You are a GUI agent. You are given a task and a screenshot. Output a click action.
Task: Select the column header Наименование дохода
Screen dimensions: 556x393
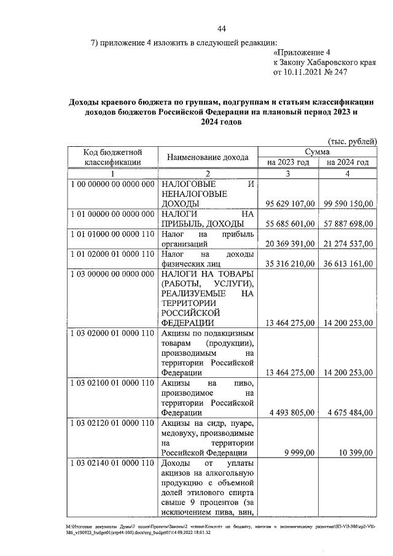[x=208, y=157]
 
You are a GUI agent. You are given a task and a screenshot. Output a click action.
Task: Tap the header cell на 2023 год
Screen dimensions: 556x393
[x=287, y=162]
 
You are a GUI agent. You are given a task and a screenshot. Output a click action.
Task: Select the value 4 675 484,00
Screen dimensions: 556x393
[x=348, y=412]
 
